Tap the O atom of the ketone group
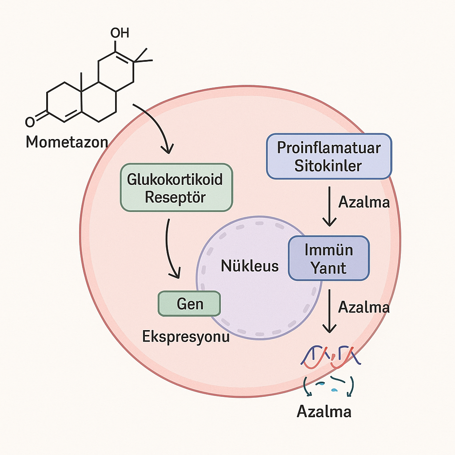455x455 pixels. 30,121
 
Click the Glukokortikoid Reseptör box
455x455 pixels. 176,187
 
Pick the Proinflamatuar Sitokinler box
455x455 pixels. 328,156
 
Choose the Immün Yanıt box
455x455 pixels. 329,258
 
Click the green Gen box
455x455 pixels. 189,304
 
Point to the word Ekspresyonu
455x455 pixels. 186,336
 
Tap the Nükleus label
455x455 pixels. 250,266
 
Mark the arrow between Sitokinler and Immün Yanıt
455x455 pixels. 329,207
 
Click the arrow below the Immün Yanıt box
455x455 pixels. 329,311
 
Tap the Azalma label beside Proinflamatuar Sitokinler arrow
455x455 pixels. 364,202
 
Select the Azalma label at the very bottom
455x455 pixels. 324,411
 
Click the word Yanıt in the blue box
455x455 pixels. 329,268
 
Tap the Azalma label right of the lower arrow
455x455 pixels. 364,307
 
